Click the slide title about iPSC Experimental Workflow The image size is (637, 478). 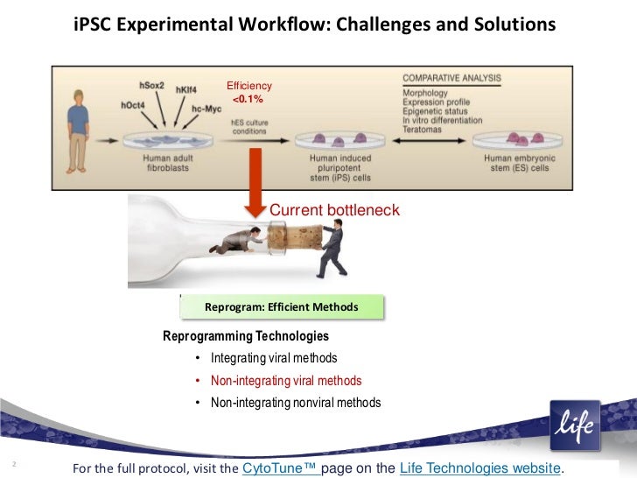tap(315, 25)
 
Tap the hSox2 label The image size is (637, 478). tap(157, 85)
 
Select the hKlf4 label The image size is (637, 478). tap(192, 90)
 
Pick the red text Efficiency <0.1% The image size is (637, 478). tap(249, 93)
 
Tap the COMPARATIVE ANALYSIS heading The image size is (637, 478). tap(451, 79)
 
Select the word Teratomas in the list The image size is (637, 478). tap(424, 129)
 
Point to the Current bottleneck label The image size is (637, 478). tap(334, 211)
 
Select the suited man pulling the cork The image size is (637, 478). tap(332, 245)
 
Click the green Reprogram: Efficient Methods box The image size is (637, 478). tap(281, 307)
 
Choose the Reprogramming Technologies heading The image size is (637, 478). tap(246, 336)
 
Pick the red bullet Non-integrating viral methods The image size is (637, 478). tap(286, 381)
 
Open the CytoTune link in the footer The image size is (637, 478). tap(280, 467)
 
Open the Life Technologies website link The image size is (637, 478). tap(479, 467)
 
